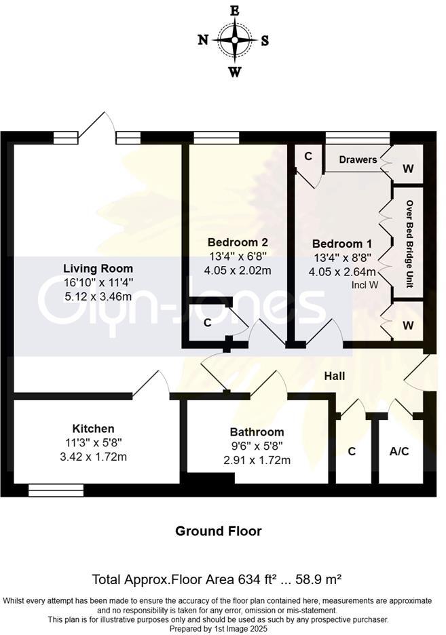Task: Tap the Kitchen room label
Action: [94, 428]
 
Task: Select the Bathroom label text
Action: [257, 432]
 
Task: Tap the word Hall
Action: [335, 376]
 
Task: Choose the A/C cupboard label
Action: [399, 451]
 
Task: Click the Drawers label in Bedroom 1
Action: [358, 160]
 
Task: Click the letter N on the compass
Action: [203, 40]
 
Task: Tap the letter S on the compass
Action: [265, 40]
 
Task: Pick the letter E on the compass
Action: [235, 10]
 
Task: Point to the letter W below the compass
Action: [235, 71]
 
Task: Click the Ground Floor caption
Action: [219, 531]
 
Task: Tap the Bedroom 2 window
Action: [211, 138]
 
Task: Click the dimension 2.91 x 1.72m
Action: [257, 460]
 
